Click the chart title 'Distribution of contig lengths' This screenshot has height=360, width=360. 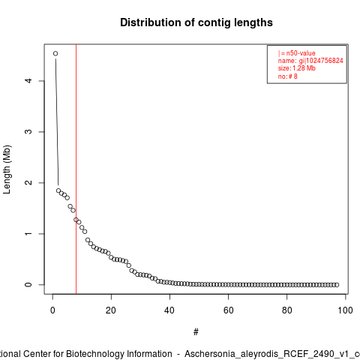click(x=196, y=22)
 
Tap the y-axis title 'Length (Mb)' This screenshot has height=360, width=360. click(x=7, y=169)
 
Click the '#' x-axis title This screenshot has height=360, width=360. click(x=196, y=332)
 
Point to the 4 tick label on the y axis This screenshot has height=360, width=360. click(x=28, y=81)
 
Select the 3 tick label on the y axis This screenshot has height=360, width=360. click(x=28, y=132)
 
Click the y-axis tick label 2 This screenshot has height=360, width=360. click(x=28, y=183)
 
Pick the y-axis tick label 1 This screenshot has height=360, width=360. click(x=28, y=234)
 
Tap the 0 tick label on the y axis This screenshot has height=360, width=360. click(x=28, y=285)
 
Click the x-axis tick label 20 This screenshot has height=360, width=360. click(x=111, y=310)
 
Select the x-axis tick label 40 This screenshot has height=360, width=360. click(x=169, y=310)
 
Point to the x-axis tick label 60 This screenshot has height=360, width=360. click(x=228, y=310)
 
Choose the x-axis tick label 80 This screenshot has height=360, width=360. click(x=286, y=310)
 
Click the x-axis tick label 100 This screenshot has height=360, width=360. click(x=345, y=310)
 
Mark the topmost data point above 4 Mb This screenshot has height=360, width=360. click(x=55, y=53)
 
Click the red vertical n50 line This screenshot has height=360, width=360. click(x=76, y=169)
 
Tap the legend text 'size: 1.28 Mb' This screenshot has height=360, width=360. click(x=297, y=68)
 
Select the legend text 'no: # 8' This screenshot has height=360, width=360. click(x=288, y=76)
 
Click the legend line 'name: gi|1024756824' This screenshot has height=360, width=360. click(x=310, y=61)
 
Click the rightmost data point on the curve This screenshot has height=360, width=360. click(x=337, y=285)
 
